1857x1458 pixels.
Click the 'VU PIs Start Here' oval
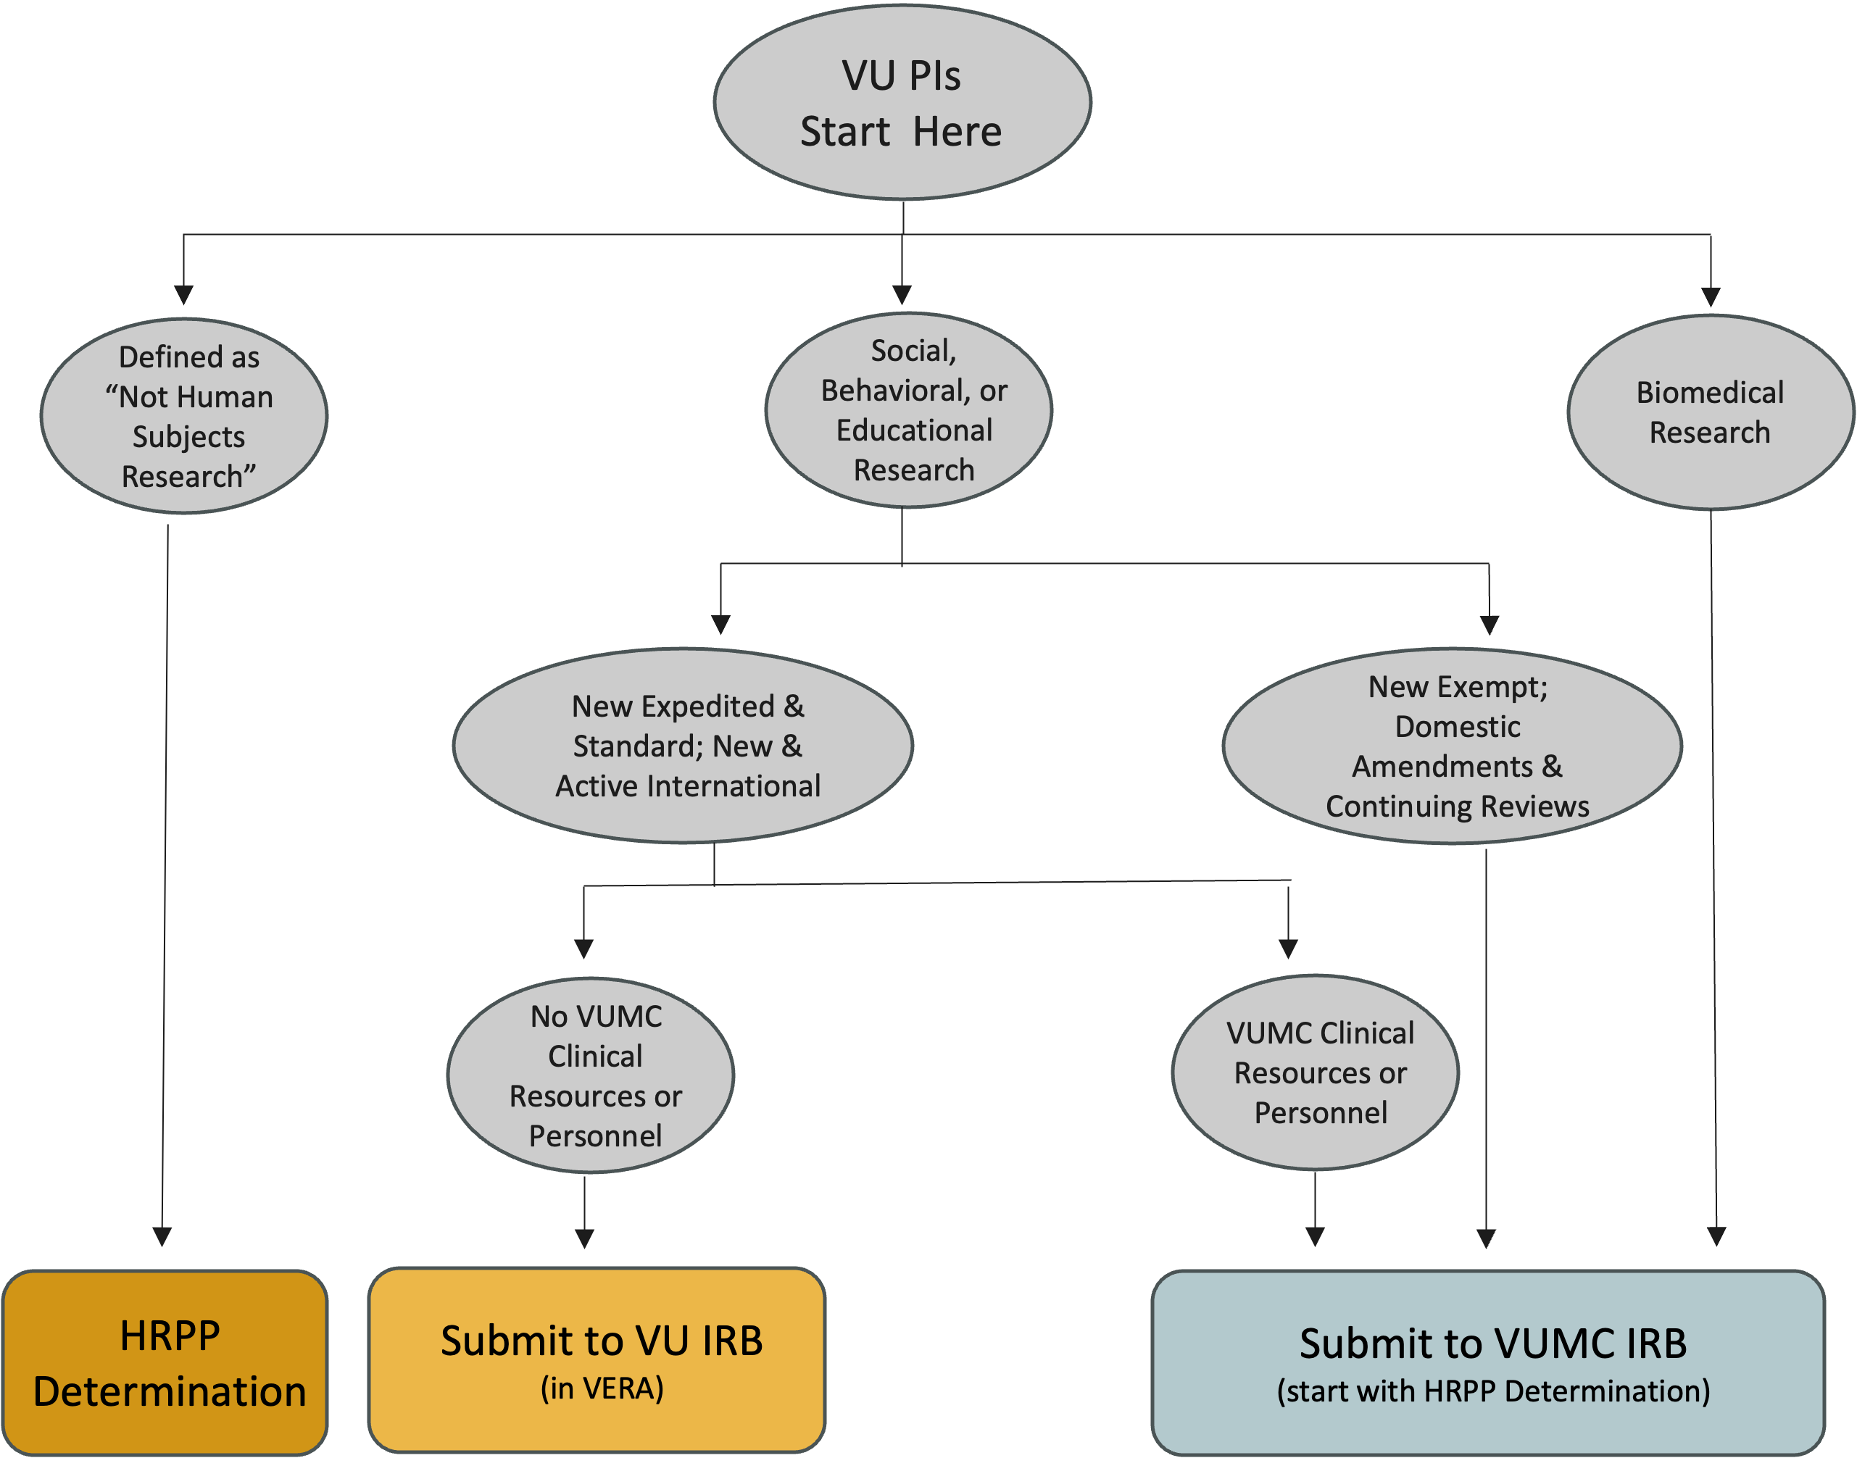tap(902, 102)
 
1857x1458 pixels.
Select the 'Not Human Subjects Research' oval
tap(184, 416)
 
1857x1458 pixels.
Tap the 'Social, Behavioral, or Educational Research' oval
tap(908, 409)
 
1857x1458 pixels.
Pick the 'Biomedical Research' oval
tap(1710, 412)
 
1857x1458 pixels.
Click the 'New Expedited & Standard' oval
tap(683, 745)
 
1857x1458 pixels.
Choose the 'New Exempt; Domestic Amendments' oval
tap(1451, 745)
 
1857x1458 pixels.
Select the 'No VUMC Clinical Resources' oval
tap(591, 1075)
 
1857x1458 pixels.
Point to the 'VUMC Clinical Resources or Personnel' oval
tap(1315, 1072)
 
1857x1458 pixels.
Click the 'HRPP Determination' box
tap(166, 1362)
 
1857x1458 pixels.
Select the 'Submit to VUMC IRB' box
tap(1487, 1362)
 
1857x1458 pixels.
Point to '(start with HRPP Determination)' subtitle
tap(1492, 1391)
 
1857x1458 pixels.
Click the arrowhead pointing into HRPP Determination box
tap(162, 1237)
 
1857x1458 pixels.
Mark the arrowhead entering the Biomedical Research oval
tap(1710, 296)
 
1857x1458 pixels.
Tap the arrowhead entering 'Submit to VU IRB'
tap(584, 1238)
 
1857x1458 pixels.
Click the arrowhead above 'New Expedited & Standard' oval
tap(720, 624)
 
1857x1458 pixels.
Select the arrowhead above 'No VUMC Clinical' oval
tap(583, 949)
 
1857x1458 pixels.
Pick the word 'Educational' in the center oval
tap(913, 430)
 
